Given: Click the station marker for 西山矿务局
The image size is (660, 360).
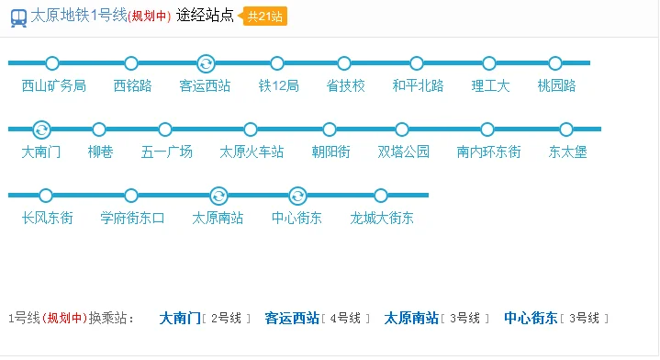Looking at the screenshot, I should point(52,63).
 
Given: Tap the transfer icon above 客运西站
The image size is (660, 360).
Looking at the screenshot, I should point(207,63).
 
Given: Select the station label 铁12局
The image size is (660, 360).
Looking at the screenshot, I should point(278,86).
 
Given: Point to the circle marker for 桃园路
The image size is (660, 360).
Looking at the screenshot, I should point(558,63).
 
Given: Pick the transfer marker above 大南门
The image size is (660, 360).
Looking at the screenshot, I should point(41,129).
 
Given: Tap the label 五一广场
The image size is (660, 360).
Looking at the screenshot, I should point(166,152).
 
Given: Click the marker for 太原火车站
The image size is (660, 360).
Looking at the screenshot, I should point(251,129).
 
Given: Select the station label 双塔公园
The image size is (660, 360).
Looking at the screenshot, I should point(403,152).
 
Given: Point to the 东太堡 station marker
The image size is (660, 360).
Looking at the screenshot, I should point(566,129).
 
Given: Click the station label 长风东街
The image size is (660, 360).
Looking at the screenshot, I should point(47,219).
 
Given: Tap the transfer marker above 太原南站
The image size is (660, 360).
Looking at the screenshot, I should point(218,196).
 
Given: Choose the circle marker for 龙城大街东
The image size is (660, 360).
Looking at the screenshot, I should point(381,196).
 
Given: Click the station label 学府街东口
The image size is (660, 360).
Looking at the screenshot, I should point(132,219).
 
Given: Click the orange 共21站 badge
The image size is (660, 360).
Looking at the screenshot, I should point(266,17).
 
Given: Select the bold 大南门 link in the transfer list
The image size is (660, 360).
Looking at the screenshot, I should point(180,319).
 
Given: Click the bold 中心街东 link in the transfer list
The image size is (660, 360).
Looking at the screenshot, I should point(531,319).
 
